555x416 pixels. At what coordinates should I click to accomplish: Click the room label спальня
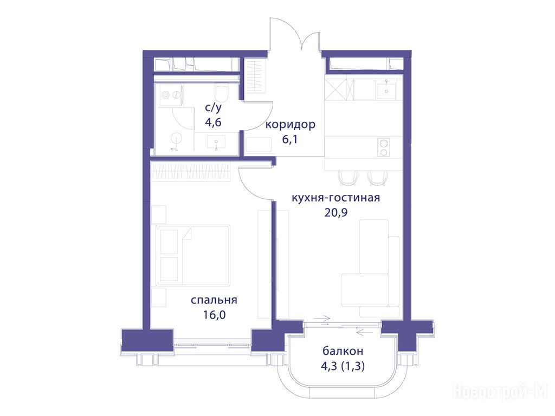214,301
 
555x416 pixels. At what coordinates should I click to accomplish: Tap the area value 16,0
214,315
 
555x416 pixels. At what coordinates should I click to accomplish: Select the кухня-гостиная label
335,197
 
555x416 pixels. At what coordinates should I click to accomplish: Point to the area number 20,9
336,212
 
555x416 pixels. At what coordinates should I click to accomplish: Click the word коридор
291,125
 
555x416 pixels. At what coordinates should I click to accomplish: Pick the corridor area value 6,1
289,139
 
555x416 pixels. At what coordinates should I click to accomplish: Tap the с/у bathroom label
213,107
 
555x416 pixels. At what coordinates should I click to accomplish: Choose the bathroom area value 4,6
213,122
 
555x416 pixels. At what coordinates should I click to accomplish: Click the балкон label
343,351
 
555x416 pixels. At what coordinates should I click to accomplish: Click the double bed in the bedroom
193,255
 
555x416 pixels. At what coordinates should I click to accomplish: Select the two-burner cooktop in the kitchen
383,147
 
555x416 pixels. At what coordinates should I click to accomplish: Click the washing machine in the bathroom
171,94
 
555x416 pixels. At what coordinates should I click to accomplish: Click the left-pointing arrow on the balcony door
364,332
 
